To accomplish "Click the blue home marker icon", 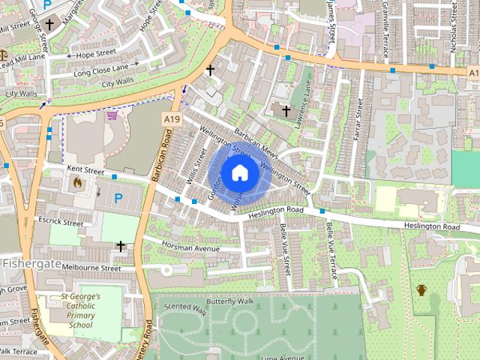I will click(x=239, y=173).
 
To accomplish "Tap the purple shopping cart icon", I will click(x=112, y=115).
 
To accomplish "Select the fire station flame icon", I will click(x=76, y=181).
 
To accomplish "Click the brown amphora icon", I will click(x=421, y=289).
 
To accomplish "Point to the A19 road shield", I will click(x=171, y=119).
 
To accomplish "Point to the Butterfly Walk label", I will click(x=232, y=301).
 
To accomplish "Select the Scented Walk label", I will click(x=184, y=308).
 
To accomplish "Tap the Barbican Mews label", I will click(x=256, y=142).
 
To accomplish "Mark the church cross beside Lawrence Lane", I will click(x=286, y=111).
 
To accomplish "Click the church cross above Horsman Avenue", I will click(x=120, y=245).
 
